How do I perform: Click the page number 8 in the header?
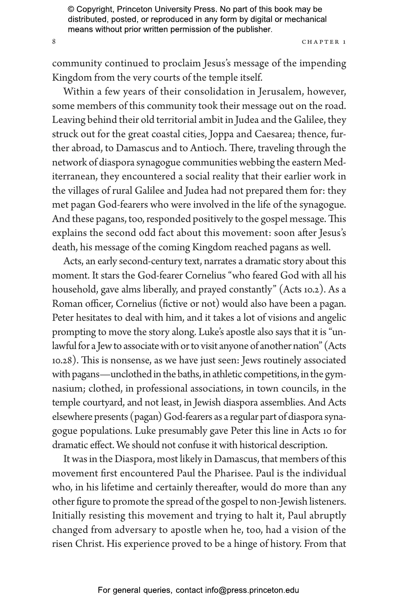(54, 41)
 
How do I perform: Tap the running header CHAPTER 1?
(324, 42)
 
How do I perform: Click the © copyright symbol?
(70, 9)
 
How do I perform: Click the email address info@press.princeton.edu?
(252, 590)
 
